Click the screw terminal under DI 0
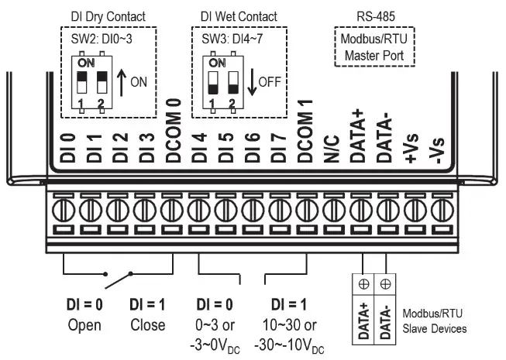(66, 209)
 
